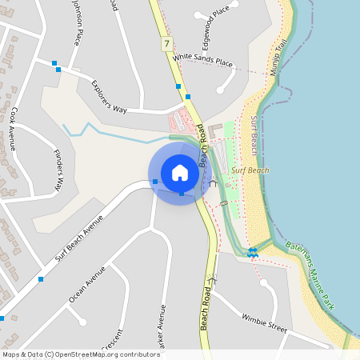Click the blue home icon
click(x=180, y=173)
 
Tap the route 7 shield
click(x=166, y=43)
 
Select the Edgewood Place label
click(x=211, y=15)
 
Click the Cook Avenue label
click(x=13, y=129)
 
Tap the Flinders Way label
click(x=58, y=170)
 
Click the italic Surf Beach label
click(x=250, y=170)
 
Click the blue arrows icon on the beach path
click(x=253, y=253)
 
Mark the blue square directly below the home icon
click(x=182, y=193)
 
